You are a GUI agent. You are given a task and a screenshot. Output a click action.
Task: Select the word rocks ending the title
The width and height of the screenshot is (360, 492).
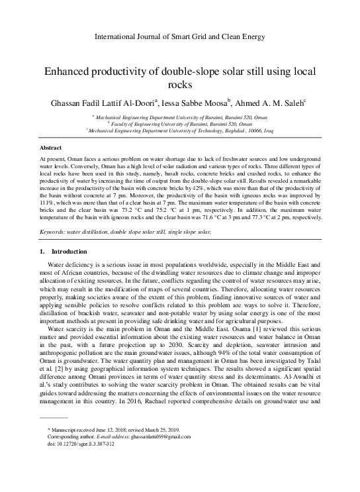(x=179, y=85)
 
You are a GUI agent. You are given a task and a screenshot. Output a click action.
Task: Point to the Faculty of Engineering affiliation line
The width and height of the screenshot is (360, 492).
(x=179, y=123)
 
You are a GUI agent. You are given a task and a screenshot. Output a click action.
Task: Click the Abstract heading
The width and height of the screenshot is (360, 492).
(x=51, y=148)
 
